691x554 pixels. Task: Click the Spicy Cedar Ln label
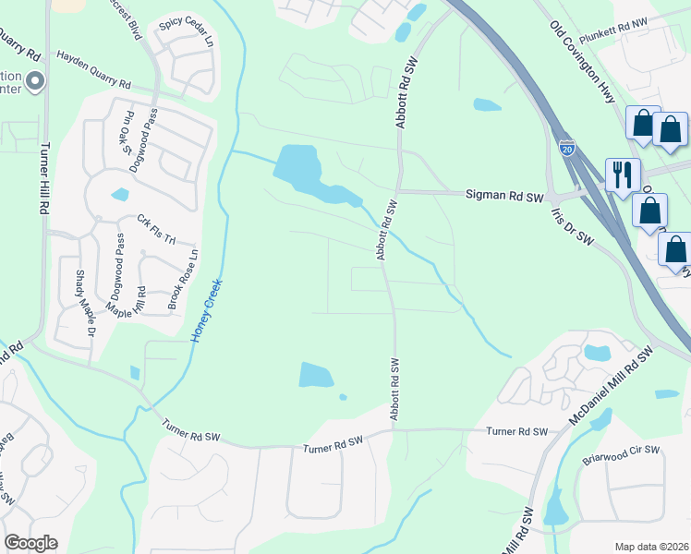point(186,34)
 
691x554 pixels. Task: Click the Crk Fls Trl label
point(156,229)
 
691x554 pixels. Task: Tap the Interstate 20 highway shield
point(566,147)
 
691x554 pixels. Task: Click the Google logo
point(30,543)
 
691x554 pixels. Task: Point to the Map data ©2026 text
point(650,546)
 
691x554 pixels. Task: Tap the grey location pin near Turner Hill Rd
point(35,82)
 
